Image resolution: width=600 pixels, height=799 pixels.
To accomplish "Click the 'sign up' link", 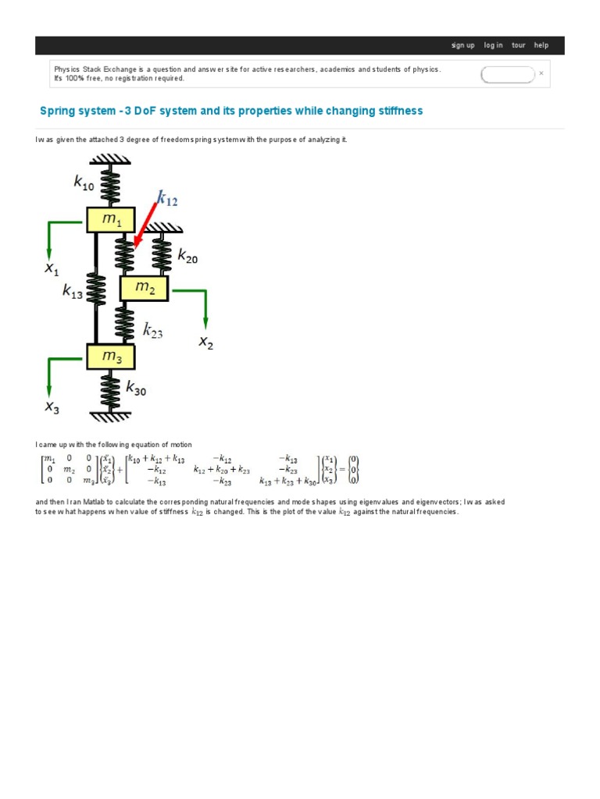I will click(x=462, y=45).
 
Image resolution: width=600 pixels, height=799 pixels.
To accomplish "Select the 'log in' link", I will click(x=493, y=45).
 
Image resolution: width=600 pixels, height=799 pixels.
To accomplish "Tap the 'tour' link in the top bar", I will click(x=519, y=45).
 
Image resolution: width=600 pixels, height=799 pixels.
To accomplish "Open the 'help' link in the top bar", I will click(x=541, y=45).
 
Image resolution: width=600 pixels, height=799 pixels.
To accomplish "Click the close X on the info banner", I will click(x=541, y=74).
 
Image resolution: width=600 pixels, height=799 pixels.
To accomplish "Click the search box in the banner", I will click(x=507, y=75).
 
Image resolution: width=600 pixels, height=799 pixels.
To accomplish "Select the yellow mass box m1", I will click(x=110, y=220).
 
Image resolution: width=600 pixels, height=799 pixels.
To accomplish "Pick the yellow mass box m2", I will click(x=144, y=288).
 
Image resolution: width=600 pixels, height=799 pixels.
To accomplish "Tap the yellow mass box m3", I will click(x=110, y=357).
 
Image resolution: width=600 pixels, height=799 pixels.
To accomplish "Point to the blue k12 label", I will click(x=167, y=200).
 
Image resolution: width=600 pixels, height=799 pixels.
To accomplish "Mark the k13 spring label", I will click(x=73, y=292).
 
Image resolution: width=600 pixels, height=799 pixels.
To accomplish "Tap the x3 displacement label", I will click(x=52, y=407).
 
